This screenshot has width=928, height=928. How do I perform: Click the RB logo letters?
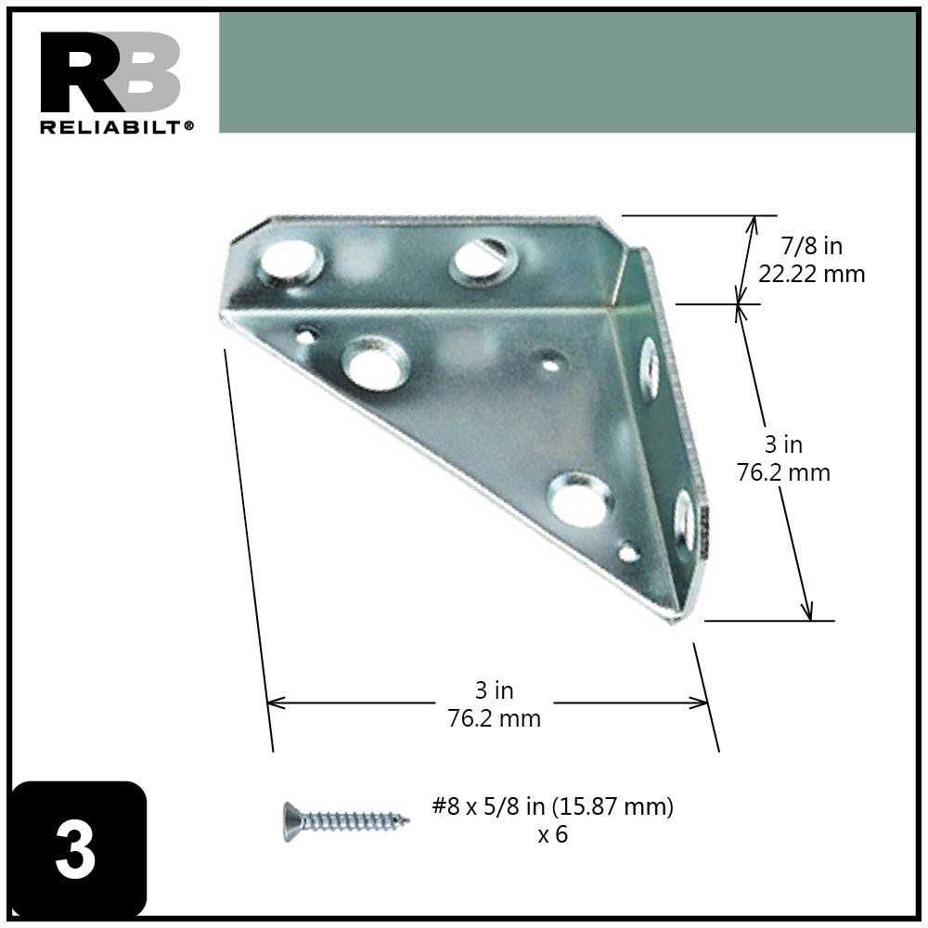(110, 72)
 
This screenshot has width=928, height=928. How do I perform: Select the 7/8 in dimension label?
(811, 246)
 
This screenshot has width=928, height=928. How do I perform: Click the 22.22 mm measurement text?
(811, 274)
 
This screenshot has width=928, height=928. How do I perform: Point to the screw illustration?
(345, 820)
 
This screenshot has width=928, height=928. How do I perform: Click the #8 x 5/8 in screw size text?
(553, 806)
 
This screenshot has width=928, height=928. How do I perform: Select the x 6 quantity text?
(552, 834)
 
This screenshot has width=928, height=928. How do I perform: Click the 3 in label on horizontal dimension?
(494, 690)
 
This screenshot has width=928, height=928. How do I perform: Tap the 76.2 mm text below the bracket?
(494, 718)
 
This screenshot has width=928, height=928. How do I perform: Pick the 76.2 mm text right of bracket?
(783, 472)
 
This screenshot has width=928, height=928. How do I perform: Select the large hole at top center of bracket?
(483, 260)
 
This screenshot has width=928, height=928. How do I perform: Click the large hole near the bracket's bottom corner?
(580, 500)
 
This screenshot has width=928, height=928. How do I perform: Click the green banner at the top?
(566, 72)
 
